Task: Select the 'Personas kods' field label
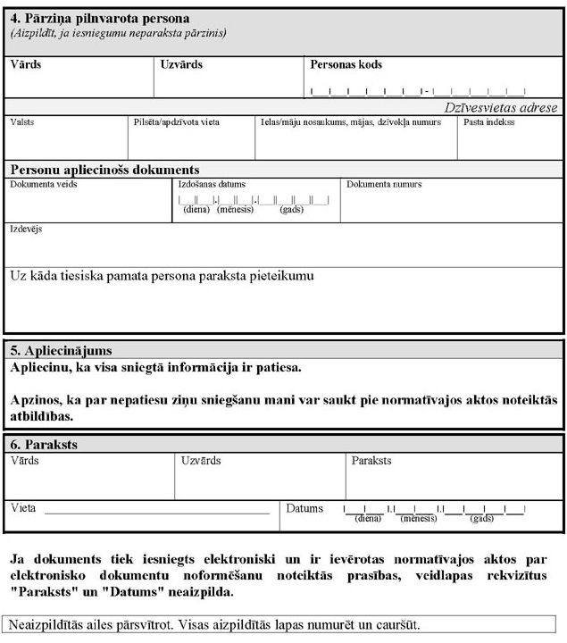pos(346,65)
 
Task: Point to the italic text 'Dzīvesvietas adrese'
pos(503,107)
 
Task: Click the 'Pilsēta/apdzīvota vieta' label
pos(176,122)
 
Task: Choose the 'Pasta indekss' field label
pos(488,122)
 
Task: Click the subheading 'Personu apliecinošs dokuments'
pos(104,170)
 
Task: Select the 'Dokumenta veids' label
pos(43,185)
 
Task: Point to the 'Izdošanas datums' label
pos(213,185)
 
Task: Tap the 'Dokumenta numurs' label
pos(384,185)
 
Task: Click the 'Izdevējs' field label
pos(26,230)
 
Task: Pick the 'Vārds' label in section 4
pos(26,65)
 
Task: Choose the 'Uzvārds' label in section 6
pos(201,461)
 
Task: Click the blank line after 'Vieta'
pos(156,513)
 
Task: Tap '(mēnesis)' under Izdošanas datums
pos(235,210)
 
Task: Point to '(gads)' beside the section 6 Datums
pos(482,518)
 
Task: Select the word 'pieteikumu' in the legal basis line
pos(283,276)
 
